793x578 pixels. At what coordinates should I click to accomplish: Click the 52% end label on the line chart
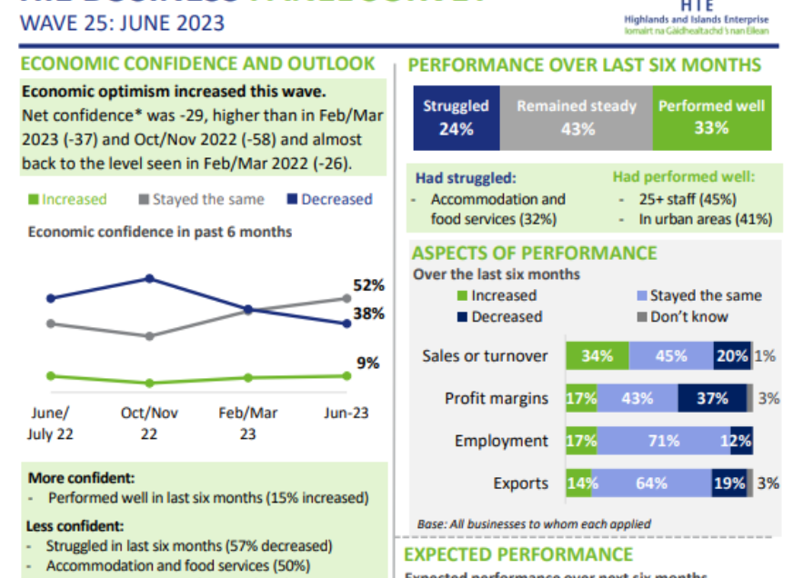[x=368, y=285]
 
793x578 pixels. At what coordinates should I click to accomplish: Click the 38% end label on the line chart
[x=368, y=314]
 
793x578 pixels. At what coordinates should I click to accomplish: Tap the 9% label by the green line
[x=368, y=363]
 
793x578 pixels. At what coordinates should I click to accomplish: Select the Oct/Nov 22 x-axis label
[x=149, y=423]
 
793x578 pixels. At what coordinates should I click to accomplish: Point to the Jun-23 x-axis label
[x=346, y=412]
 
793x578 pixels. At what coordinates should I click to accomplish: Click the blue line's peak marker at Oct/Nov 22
[x=150, y=279]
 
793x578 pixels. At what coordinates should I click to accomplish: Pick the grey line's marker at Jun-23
[x=346, y=298]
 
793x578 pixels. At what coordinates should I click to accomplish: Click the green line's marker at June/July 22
[x=51, y=375]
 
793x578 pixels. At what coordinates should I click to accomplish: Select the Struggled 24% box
[x=456, y=117]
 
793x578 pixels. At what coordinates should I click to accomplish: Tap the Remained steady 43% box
[x=577, y=117]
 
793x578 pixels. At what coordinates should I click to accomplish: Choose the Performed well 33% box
[x=712, y=117]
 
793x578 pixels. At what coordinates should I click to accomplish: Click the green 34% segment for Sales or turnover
[x=597, y=356]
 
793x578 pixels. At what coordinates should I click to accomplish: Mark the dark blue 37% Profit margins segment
[x=712, y=398]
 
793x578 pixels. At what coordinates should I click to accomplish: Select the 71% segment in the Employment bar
[x=664, y=441]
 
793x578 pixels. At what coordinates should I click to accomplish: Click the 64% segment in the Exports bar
[x=651, y=483]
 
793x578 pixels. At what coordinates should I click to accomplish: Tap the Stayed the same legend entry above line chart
[x=201, y=199]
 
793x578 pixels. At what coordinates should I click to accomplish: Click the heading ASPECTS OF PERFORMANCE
[x=534, y=254]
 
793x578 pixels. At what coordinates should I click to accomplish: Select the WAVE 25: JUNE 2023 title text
[x=122, y=23]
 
